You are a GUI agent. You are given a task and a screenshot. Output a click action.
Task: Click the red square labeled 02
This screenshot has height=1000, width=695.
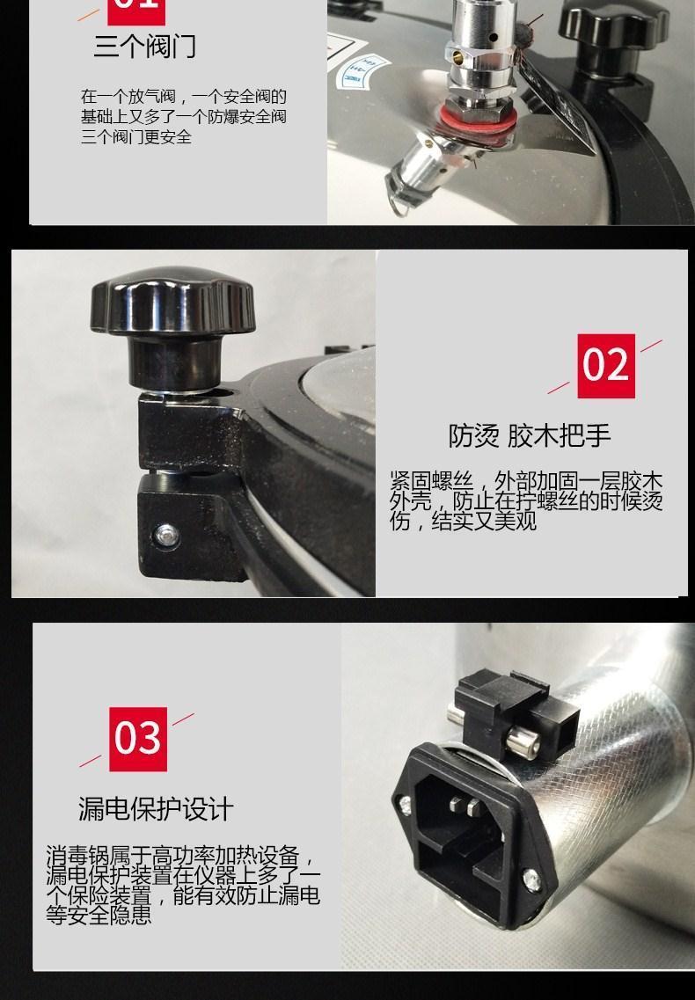pos(605,365)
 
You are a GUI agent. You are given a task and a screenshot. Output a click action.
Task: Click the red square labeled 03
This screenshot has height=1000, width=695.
pos(138,739)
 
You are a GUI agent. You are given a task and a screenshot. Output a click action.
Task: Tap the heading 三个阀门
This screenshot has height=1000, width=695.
pos(145,46)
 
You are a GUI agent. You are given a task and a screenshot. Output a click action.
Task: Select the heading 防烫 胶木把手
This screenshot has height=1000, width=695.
pos(530,435)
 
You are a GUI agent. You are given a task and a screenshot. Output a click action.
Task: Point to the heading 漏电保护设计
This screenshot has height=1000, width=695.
pos(156,808)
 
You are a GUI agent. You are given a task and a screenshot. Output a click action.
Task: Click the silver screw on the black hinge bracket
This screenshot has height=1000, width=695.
pos(166,534)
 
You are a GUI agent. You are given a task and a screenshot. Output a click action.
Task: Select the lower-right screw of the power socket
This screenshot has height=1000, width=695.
pos(531,880)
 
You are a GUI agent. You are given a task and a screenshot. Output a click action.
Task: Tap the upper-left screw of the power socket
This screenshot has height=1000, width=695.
pos(406,806)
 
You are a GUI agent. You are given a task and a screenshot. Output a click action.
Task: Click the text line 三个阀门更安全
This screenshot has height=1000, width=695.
pos(136,136)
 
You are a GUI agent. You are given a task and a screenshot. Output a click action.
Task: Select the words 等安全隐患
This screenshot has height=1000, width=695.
pos(99,916)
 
